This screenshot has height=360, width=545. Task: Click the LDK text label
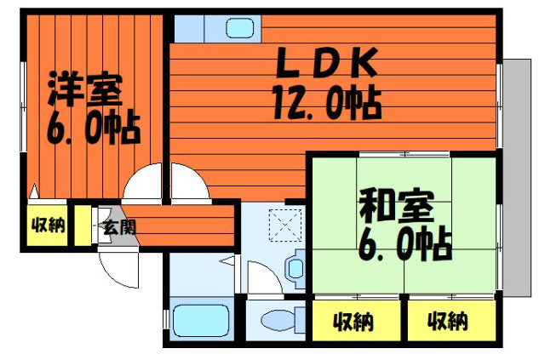click(327, 63)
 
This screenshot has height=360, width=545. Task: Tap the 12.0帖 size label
click(327, 102)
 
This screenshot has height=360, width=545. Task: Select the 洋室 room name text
click(85, 89)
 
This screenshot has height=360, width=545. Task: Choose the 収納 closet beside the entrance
click(48, 226)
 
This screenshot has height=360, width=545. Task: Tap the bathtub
click(202, 320)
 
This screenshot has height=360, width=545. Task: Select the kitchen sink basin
click(240, 28)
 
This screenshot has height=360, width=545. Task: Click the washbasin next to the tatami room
click(295, 268)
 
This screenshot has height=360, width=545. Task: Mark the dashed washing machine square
click(285, 226)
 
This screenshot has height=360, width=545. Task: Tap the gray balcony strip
click(517, 178)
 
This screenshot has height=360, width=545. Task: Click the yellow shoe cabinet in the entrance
click(83, 226)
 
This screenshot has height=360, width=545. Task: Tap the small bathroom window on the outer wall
click(166, 319)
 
